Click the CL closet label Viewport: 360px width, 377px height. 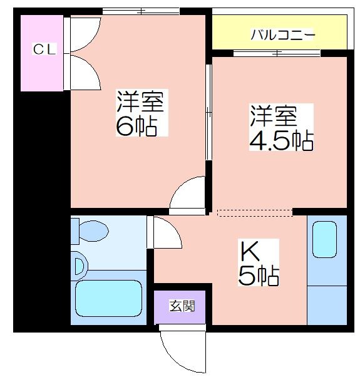click(x=44, y=49)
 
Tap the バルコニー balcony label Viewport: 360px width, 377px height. click(x=282, y=35)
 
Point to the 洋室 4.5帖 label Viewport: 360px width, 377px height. click(x=281, y=127)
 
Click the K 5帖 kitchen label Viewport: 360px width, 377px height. click(x=259, y=262)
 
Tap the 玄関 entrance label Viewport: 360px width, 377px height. click(x=182, y=306)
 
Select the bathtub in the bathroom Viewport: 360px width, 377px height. click(x=108, y=298)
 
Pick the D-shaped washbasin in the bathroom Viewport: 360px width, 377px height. click(x=80, y=266)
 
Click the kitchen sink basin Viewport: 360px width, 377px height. click(x=324, y=239)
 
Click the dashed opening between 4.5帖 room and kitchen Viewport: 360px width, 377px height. click(x=255, y=213)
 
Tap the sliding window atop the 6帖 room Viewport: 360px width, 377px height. click(x=141, y=11)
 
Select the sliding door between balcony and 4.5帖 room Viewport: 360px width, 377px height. click(x=277, y=53)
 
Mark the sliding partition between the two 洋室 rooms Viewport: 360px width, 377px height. click(x=208, y=112)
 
